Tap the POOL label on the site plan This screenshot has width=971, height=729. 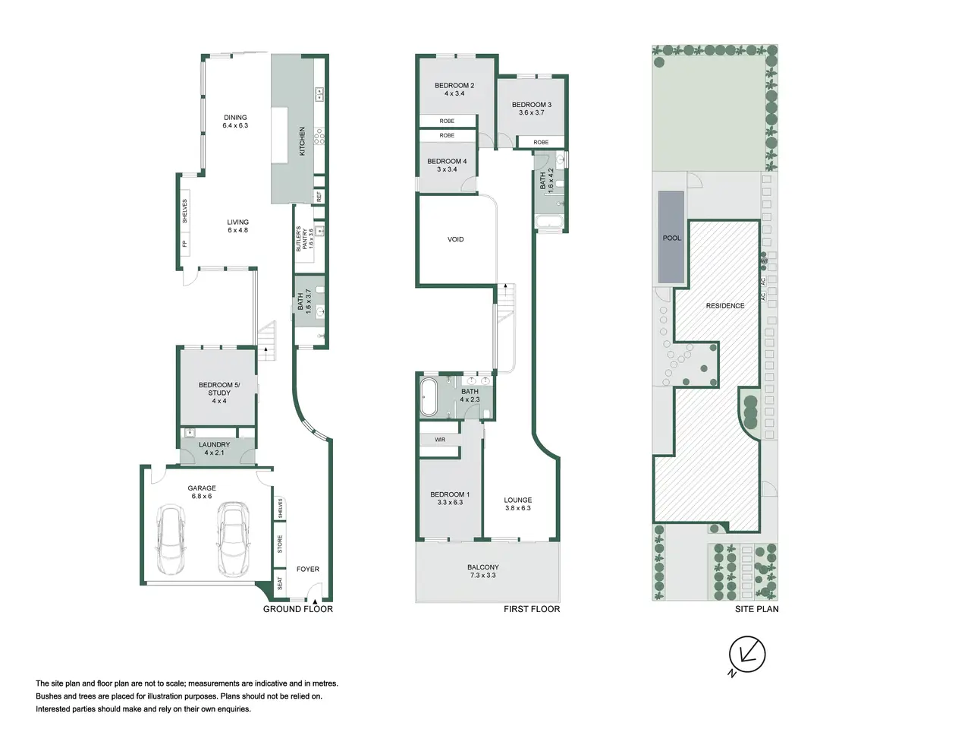[671, 238]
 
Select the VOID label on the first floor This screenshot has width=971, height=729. [455, 239]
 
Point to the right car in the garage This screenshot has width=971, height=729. [232, 538]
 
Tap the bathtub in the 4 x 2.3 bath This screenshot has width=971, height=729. [428, 396]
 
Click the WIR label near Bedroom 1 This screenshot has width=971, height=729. [440, 440]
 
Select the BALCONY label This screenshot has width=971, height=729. [482, 567]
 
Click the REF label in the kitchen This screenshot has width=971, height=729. [319, 196]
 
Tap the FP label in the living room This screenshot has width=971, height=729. [184, 244]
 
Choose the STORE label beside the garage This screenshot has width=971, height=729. [280, 544]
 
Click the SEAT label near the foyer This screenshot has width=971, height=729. [280, 583]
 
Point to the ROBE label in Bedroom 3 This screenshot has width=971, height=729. [541, 142]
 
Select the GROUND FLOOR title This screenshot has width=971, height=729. [297, 609]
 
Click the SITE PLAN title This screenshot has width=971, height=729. [756, 609]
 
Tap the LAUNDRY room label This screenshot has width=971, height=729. [214, 444]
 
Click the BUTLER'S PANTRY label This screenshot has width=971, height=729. [301, 238]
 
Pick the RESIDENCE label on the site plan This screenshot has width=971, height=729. [725, 305]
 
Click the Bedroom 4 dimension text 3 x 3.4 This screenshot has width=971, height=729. [447, 169]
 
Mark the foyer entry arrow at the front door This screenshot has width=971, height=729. [315, 601]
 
